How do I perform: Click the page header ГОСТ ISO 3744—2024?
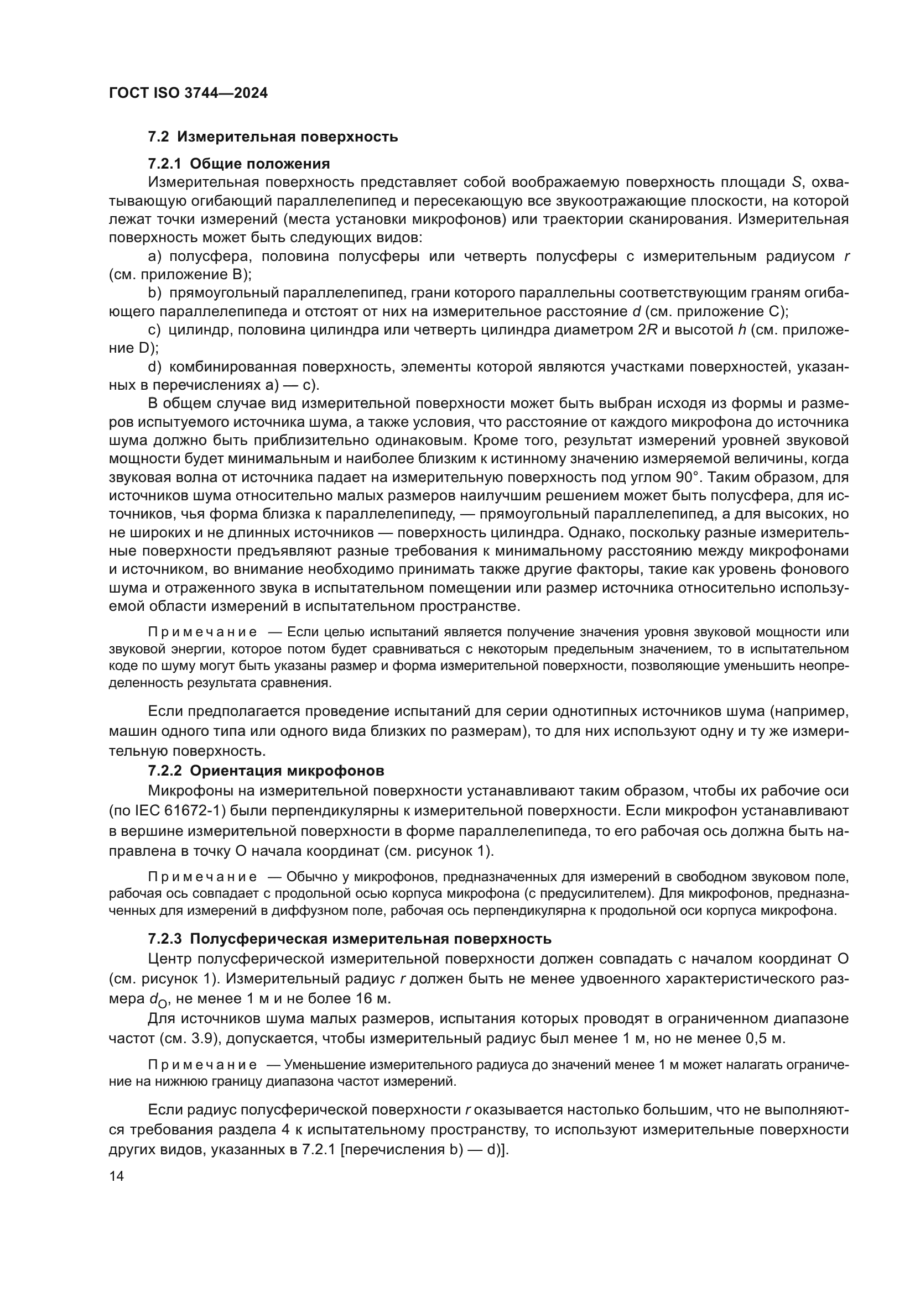(188, 93)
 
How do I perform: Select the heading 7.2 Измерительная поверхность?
(273, 137)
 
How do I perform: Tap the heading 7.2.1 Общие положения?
(239, 164)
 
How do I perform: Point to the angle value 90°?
(688, 478)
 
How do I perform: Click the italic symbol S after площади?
(797, 182)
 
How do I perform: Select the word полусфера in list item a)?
(206, 257)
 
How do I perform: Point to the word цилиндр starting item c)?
(200, 330)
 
